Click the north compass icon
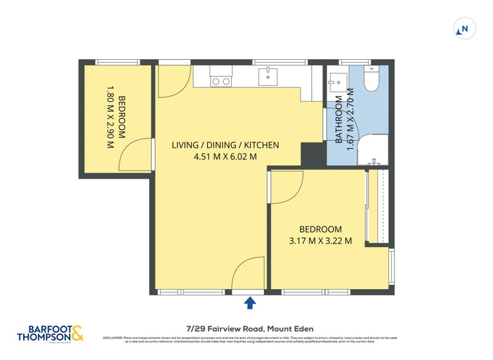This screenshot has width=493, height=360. point(465,28)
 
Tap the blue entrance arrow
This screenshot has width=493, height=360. point(250,302)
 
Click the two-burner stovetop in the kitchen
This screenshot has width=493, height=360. point(221,80)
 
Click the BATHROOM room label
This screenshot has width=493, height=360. point(338,120)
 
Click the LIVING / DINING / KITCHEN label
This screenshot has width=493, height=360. point(225,145)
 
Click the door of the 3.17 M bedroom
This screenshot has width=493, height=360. point(287,188)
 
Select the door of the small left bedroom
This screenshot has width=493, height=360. point(137,155)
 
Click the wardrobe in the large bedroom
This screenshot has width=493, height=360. point(375,207)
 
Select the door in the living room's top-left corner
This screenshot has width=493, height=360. point(171,81)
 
